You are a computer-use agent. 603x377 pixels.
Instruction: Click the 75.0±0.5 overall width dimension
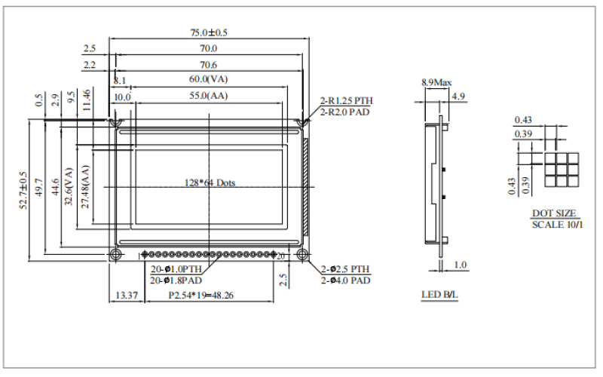point(209,33)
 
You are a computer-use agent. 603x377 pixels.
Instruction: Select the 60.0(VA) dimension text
point(209,79)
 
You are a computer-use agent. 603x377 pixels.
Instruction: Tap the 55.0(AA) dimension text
point(209,97)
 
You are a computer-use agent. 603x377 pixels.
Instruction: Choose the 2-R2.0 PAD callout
point(346,112)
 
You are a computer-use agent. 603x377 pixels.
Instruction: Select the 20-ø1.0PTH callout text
point(176,269)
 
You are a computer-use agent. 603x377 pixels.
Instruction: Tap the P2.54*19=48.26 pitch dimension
point(200,296)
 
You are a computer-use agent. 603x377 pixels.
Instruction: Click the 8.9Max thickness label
point(436,81)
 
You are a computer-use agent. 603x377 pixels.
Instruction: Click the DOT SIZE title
point(553,213)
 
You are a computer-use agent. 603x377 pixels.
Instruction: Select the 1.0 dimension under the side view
point(461,265)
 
